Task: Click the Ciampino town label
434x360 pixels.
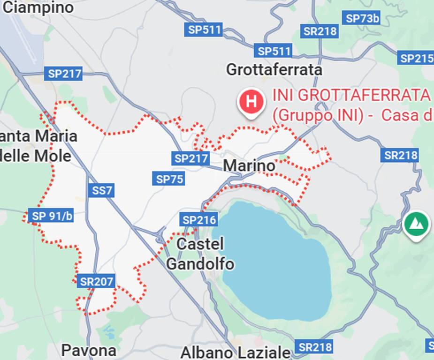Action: [x=38, y=7]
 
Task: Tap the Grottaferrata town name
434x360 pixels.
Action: [x=274, y=70]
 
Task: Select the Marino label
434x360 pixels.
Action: [x=249, y=165]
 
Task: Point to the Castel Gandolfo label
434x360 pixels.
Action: [x=200, y=254]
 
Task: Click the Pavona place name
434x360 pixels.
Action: [x=89, y=350]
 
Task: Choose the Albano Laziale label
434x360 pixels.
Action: [x=236, y=352]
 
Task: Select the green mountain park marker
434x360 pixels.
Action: [x=416, y=224]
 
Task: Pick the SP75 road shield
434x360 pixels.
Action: [x=170, y=179]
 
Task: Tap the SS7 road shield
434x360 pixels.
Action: [x=101, y=190]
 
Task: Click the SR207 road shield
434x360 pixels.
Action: [x=96, y=281]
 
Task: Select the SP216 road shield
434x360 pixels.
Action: [x=199, y=219]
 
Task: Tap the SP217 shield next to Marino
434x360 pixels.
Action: [x=191, y=158]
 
